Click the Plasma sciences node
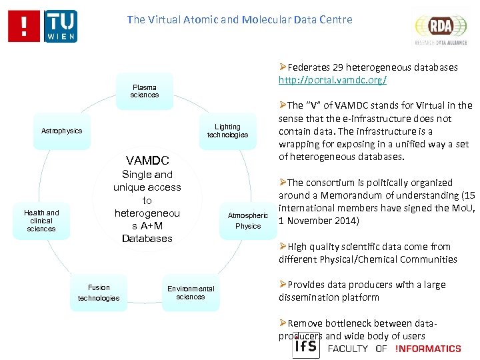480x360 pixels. click(x=145, y=91)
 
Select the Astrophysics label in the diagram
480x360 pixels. click(x=61, y=131)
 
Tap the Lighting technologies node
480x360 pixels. click(x=227, y=131)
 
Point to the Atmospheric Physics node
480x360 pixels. click(x=248, y=221)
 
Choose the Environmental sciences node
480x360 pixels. click(x=191, y=293)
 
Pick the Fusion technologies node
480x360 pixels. click(x=99, y=293)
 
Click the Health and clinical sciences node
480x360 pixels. click(x=41, y=221)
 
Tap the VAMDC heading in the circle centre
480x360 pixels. click(x=147, y=160)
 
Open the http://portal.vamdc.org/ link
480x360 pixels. click(x=333, y=80)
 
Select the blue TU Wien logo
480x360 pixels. click(x=61, y=26)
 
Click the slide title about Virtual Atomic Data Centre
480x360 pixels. click(x=239, y=19)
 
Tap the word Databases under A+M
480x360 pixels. click(x=147, y=238)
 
